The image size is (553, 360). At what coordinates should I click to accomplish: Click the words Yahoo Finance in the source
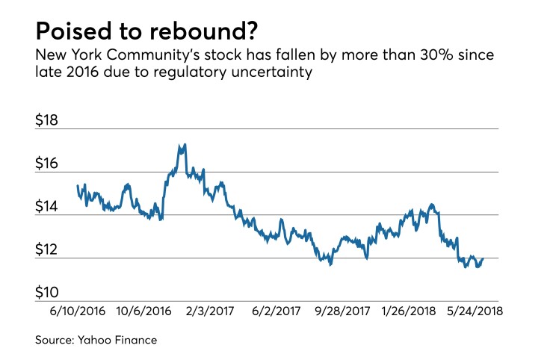click(x=126, y=341)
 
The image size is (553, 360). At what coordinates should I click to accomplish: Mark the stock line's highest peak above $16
click(x=184, y=144)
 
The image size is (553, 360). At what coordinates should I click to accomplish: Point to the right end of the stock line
click(x=484, y=258)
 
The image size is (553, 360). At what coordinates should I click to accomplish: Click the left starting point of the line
click(x=78, y=186)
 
